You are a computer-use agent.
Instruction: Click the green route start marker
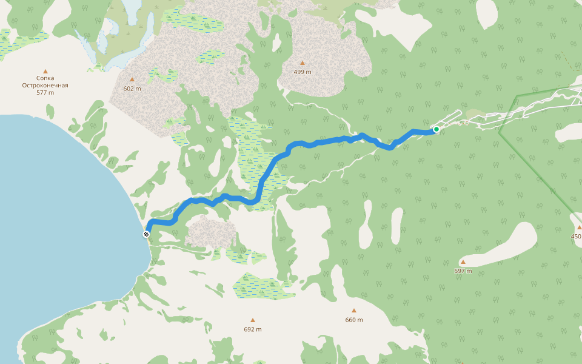click(x=436, y=129)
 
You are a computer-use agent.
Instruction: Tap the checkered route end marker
click(x=146, y=234)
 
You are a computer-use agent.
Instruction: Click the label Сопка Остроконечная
click(x=45, y=81)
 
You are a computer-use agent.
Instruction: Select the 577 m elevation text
click(x=45, y=93)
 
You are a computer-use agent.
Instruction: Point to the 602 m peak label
click(x=132, y=89)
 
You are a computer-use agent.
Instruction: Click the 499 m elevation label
click(x=302, y=72)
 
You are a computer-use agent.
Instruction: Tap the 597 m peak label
click(x=463, y=271)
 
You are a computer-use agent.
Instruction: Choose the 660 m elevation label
click(x=354, y=320)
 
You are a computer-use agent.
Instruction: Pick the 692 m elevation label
click(x=252, y=329)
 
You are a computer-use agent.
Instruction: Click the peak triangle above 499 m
click(x=302, y=63)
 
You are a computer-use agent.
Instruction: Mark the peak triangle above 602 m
click(x=132, y=79)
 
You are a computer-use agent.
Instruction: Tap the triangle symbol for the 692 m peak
click(x=252, y=320)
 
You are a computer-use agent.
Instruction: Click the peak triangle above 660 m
click(x=354, y=311)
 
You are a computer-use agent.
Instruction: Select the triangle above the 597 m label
click(x=463, y=262)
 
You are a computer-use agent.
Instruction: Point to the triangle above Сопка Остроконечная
click(x=45, y=71)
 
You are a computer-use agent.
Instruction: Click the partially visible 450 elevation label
click(x=576, y=237)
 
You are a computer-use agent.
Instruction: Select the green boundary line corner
click(x=499, y=130)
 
